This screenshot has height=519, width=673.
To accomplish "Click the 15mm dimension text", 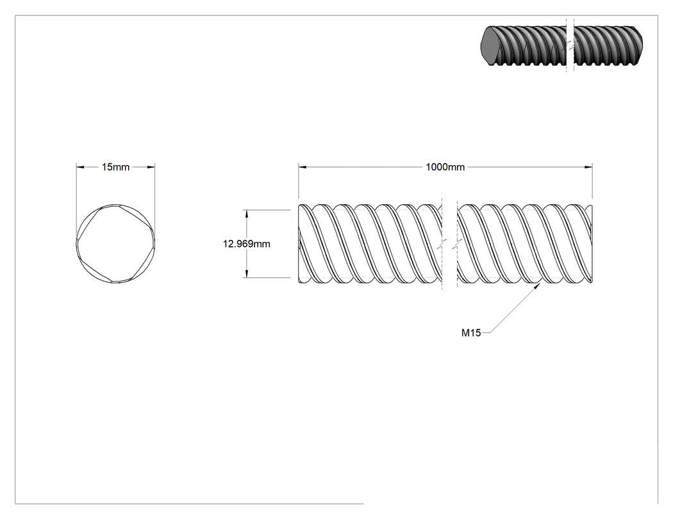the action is (x=115, y=167).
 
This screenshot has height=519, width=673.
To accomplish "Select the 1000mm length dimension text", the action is (x=445, y=167).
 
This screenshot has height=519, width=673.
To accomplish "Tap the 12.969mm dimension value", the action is (x=246, y=244).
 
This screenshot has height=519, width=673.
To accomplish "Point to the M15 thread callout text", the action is (x=471, y=333).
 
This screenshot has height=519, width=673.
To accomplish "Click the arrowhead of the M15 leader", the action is (x=537, y=286).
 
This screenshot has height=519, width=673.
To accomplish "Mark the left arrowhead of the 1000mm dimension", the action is (x=303, y=167).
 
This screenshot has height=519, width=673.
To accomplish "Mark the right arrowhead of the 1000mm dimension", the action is (x=588, y=167).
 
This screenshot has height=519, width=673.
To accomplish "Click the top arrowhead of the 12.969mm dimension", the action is (x=246, y=214).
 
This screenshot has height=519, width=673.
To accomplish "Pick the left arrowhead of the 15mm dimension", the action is (x=81, y=167).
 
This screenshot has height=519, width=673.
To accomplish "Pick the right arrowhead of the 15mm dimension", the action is (x=151, y=167).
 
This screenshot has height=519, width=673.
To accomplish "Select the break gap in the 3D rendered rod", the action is (x=570, y=45).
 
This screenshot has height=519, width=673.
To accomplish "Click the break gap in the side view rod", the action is (x=450, y=244).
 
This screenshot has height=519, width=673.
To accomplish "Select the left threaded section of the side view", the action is (x=370, y=244).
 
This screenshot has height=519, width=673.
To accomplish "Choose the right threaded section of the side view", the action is (x=525, y=244).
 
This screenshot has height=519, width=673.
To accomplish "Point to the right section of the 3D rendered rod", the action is (x=608, y=45).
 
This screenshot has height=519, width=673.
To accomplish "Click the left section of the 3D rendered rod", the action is (x=524, y=45).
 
